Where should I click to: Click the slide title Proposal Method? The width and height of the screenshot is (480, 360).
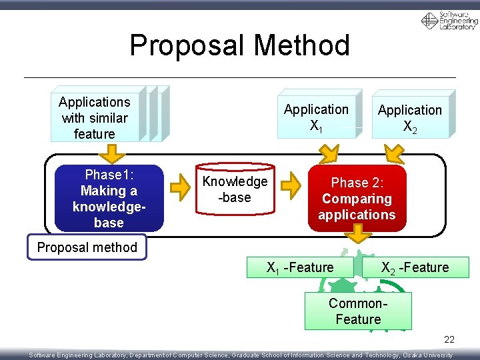(x=239, y=45)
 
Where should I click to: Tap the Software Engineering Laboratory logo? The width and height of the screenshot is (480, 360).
(x=449, y=21)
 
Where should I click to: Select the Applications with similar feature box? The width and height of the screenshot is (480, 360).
(x=95, y=118)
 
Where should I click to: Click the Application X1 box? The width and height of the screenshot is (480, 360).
(x=316, y=117)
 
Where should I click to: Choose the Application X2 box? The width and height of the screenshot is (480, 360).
(x=409, y=118)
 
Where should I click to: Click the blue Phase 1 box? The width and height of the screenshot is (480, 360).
(x=109, y=199)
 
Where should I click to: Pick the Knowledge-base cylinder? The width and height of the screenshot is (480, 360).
(x=235, y=191)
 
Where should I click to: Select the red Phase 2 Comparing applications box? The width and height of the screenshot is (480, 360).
(x=357, y=199)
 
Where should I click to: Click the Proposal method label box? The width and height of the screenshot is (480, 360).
(x=87, y=247)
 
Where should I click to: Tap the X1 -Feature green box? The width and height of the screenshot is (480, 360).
(x=300, y=267)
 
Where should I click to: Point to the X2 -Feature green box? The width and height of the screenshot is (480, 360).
(x=415, y=267)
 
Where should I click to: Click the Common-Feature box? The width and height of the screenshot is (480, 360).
(x=358, y=311)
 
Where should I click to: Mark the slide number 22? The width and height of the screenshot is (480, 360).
(x=449, y=340)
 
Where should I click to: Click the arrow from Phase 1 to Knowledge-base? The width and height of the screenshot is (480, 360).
(x=180, y=188)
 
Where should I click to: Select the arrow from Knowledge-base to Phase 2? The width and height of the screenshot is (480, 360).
(x=291, y=188)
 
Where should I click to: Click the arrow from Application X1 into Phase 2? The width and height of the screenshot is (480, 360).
(x=329, y=154)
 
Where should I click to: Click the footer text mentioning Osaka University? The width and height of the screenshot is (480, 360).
(x=240, y=355)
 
